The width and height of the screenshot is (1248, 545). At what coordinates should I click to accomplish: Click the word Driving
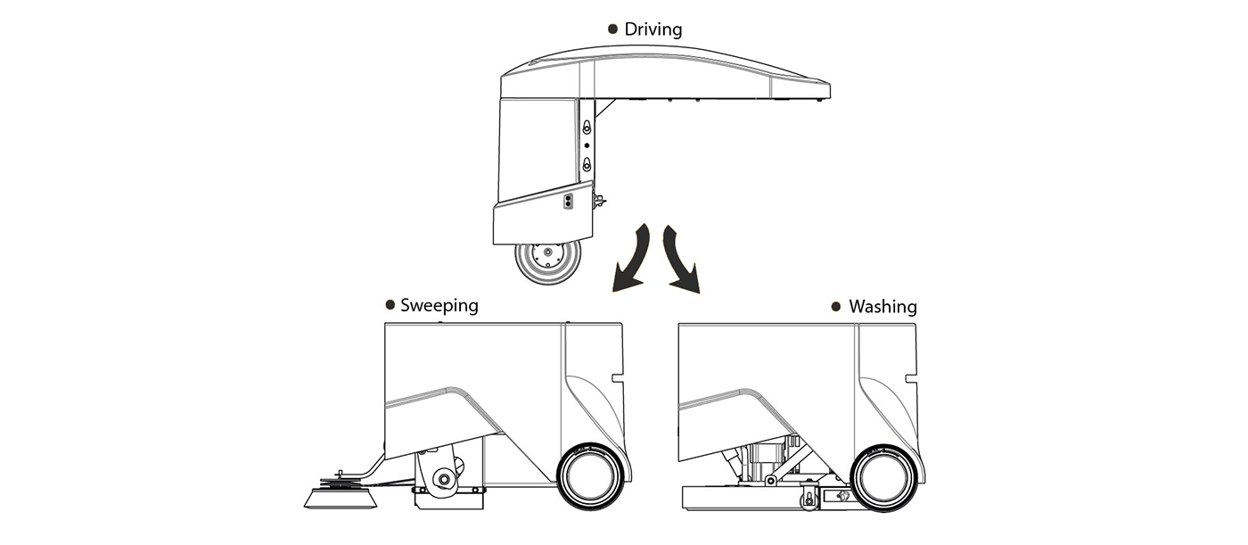[653, 29]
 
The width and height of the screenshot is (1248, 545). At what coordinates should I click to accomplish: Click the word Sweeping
[439, 305]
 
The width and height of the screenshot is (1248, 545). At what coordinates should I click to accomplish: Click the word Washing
[883, 307]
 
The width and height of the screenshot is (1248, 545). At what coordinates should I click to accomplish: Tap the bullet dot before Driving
[612, 29]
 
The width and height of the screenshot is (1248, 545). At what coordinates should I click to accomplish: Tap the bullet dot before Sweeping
[390, 305]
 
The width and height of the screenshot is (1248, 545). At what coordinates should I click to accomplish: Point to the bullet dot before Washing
[835, 307]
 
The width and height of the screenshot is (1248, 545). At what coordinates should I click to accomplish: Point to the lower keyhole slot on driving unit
[587, 165]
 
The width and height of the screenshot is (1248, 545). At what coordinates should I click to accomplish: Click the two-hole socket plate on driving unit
[569, 201]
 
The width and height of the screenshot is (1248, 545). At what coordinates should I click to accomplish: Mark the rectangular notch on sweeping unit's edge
[617, 378]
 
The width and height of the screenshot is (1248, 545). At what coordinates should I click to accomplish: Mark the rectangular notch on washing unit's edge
[910, 378]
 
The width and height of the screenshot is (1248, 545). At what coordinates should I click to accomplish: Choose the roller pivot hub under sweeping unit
[440, 480]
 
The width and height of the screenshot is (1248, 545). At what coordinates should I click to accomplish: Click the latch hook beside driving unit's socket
[599, 201]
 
